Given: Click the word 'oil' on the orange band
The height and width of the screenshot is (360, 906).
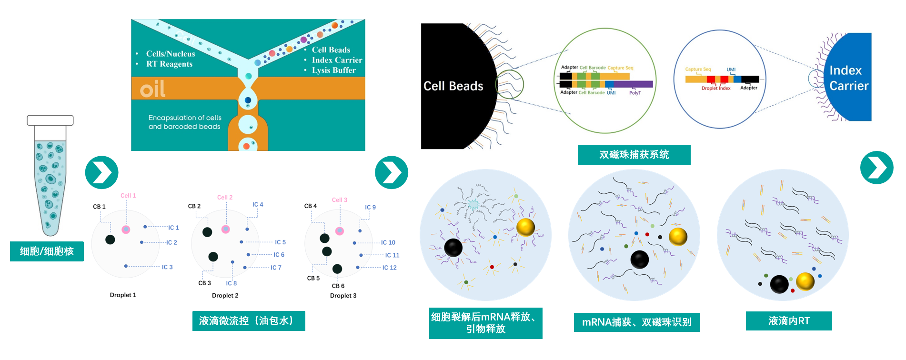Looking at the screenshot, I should (152, 89).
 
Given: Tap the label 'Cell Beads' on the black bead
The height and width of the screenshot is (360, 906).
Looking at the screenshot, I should (453, 86).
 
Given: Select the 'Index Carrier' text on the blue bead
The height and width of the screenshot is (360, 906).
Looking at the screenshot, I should (848, 79).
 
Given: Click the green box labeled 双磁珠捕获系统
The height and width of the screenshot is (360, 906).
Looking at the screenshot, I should (634, 155).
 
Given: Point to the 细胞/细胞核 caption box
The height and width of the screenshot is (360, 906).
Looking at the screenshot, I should (47, 251).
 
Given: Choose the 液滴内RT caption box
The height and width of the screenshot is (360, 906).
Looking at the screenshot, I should (788, 321).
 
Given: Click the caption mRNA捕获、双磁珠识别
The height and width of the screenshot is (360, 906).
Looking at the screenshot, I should (636, 322).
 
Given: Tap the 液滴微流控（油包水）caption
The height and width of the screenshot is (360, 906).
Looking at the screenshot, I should (248, 321).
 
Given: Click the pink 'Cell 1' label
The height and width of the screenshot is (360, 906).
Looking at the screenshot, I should (128, 196).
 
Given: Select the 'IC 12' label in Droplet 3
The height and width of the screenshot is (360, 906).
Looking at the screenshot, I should (389, 268).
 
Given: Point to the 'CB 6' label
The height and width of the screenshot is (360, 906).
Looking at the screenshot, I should (338, 286).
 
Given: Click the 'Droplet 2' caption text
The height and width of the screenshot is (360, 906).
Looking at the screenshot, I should (225, 296).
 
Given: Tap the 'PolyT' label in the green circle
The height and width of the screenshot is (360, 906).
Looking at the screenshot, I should (634, 93).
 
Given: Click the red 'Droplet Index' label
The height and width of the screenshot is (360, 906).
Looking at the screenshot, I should (715, 88).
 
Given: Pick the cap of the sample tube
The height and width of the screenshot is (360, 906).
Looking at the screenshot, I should (50, 120).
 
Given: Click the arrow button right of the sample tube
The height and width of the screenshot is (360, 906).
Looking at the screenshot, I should (101, 172).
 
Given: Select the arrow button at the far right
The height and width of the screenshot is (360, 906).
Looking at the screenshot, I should (876, 168).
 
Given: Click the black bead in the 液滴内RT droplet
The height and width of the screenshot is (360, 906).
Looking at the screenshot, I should (779, 284).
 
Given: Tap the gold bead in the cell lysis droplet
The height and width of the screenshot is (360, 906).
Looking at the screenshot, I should (525, 227).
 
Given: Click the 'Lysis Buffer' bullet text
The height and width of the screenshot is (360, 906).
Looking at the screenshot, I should (333, 70).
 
